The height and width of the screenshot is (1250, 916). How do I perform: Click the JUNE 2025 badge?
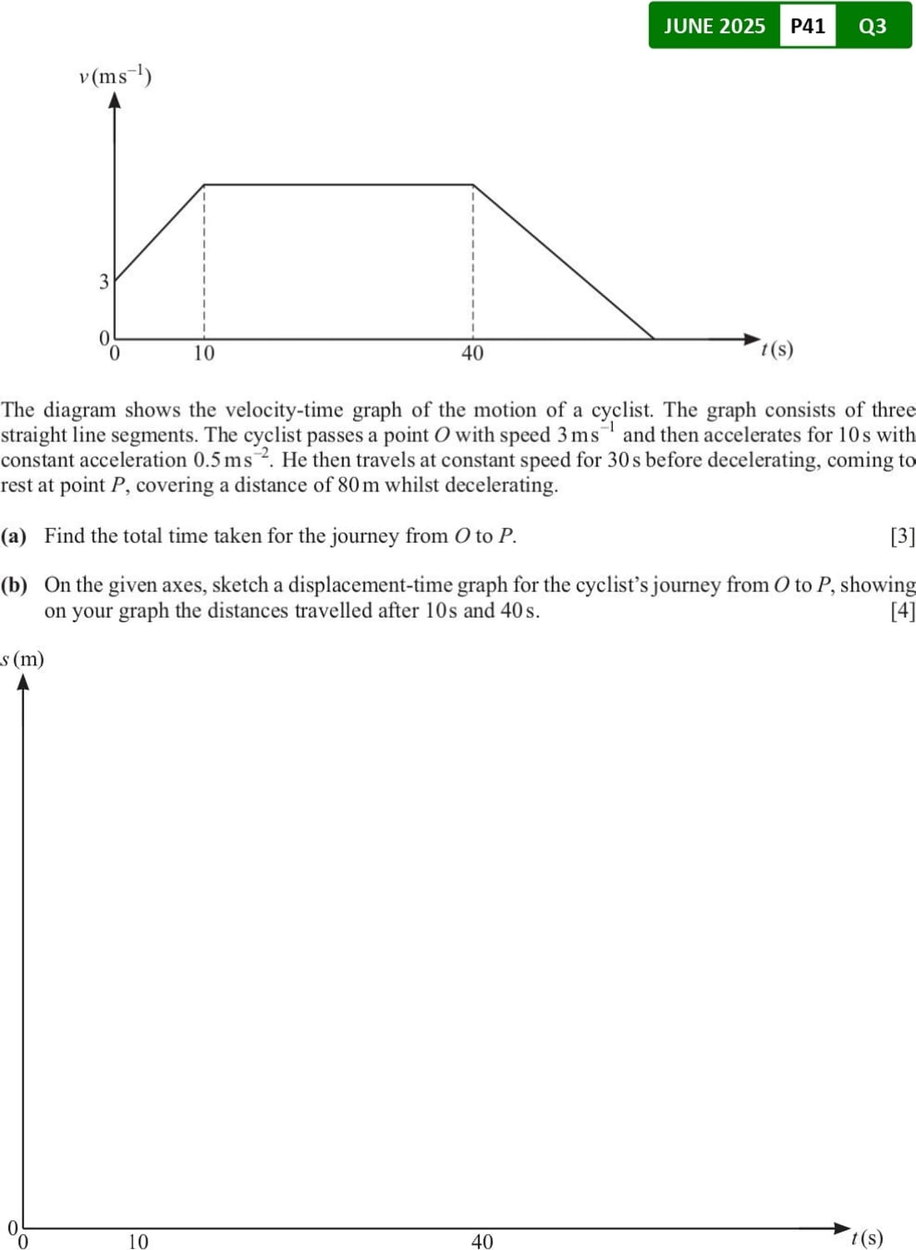point(714,26)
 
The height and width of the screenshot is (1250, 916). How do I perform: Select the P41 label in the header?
point(807,26)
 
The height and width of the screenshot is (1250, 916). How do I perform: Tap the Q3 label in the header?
point(872,26)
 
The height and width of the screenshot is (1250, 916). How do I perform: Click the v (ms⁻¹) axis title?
point(115,77)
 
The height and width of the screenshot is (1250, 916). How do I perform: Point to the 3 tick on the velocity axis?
point(104,281)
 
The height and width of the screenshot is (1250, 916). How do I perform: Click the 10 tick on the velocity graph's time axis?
point(204,353)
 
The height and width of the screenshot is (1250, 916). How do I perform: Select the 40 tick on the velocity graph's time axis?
point(472,353)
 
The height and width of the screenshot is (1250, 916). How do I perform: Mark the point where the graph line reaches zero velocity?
point(654,339)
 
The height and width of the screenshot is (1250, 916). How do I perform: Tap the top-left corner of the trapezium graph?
point(204,184)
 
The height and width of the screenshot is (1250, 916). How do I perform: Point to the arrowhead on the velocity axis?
point(115,100)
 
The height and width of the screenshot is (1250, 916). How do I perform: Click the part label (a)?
point(14,535)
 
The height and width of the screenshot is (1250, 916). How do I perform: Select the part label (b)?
point(14,585)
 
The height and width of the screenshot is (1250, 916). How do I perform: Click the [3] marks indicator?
point(903,536)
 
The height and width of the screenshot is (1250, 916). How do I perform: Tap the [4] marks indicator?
point(903,610)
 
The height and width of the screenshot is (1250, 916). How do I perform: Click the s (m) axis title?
point(22,660)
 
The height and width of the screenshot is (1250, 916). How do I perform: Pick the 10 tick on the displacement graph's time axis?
point(138,1242)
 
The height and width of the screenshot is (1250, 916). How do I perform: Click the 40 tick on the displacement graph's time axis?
point(482,1242)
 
